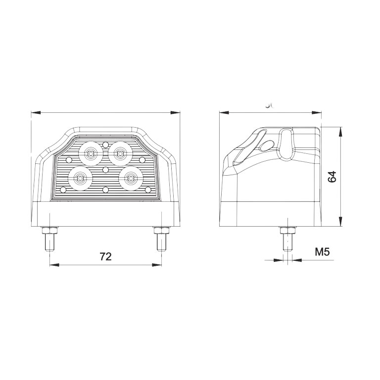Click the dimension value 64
tap(332, 177)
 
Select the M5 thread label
tap(322, 252)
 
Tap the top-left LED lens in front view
tap(91, 153)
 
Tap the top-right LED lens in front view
tap(119, 153)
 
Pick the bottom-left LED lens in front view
tap(80, 179)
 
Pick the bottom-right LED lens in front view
tap(130, 179)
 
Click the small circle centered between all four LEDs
tap(105, 169)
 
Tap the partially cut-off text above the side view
tap(269, 105)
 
